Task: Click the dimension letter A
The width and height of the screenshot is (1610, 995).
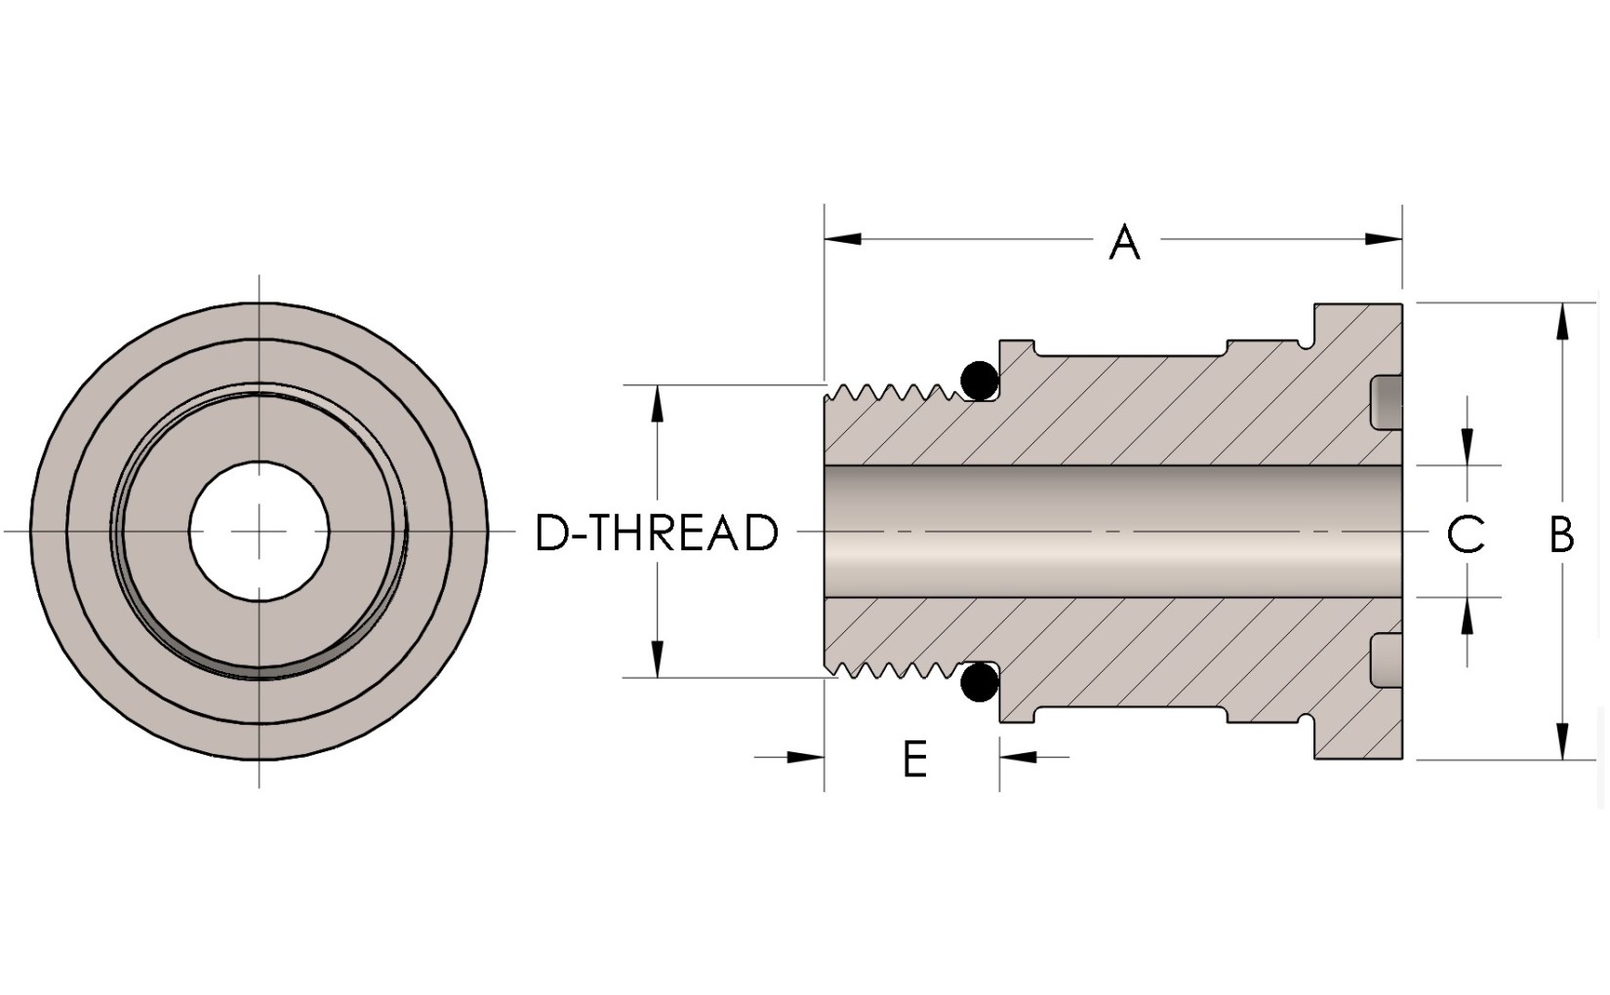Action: pyautogui.click(x=1124, y=242)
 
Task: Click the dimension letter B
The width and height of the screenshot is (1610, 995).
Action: pyautogui.click(x=1561, y=534)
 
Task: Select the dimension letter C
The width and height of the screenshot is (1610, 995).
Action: pyautogui.click(x=1465, y=534)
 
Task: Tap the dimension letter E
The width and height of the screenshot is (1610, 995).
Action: pyautogui.click(x=914, y=758)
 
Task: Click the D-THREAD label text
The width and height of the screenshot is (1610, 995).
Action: pyautogui.click(x=657, y=534)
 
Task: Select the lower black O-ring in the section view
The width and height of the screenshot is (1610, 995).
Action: pyautogui.click(x=979, y=683)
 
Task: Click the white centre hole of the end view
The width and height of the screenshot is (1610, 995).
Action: pyautogui.click(x=260, y=532)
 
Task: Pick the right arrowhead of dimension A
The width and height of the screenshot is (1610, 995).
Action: pyautogui.click(x=1384, y=239)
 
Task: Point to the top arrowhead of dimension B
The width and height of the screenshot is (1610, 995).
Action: pyautogui.click(x=1563, y=321)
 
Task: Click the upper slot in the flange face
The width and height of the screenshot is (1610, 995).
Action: pyautogui.click(x=1387, y=402)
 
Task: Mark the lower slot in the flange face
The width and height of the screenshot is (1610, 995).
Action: pyautogui.click(x=1387, y=661)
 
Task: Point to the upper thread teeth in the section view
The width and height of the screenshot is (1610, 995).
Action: pyautogui.click(x=888, y=393)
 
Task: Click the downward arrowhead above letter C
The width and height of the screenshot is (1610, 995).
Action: pyautogui.click(x=1467, y=448)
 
